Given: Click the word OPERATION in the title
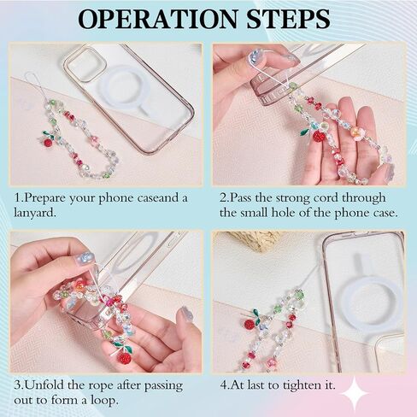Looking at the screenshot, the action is tap(157, 19).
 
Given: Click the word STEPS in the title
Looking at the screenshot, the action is tap(289, 19).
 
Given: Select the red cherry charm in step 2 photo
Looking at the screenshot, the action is tap(319, 135).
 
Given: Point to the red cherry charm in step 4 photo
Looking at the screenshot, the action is tap(250, 325).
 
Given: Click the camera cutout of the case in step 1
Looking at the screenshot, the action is tap(85, 63).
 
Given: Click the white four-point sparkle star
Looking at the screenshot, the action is tap(354, 393).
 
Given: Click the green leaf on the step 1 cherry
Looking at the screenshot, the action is tap(48, 133).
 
